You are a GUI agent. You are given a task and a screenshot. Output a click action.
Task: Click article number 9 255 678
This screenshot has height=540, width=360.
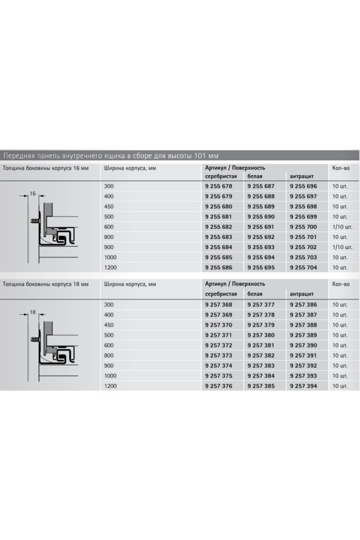[218, 187]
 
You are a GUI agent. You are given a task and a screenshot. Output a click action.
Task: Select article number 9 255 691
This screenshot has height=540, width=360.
[261, 227]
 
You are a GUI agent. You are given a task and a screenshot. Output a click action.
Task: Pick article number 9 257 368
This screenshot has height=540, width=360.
[218, 305]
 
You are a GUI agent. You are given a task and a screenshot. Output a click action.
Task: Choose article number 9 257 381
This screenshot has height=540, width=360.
[261, 345]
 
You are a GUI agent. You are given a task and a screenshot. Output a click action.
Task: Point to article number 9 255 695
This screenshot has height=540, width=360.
[261, 267]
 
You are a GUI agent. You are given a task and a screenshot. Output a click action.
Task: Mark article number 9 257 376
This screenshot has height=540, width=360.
[218, 385]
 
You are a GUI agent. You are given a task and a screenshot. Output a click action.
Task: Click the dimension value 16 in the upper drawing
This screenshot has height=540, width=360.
[33, 193]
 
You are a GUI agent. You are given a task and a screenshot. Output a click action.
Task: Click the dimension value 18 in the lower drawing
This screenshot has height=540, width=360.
[33, 312]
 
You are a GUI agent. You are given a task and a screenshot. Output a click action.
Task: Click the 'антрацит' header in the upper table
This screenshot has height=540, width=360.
[302, 176]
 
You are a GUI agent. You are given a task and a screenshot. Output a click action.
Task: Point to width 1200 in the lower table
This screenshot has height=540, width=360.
[111, 385]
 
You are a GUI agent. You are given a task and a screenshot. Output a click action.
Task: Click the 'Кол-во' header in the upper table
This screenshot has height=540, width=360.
[341, 168]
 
